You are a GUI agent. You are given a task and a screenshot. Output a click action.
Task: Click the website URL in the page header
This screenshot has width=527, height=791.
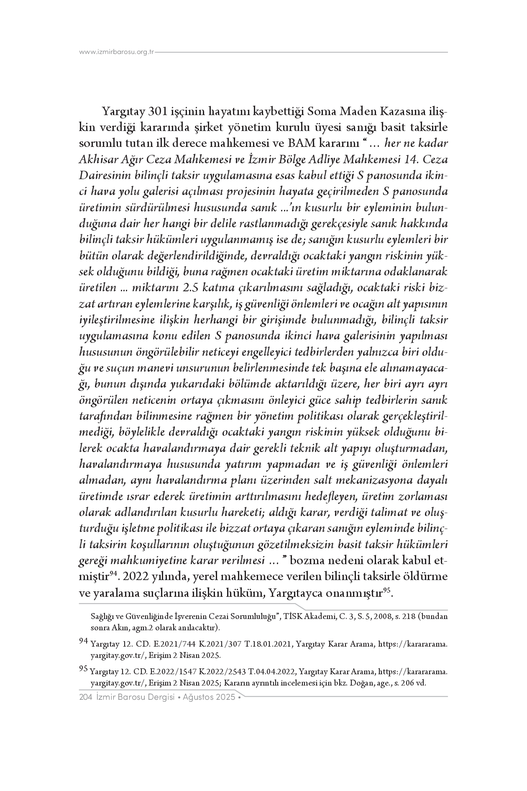tap(117, 52)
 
